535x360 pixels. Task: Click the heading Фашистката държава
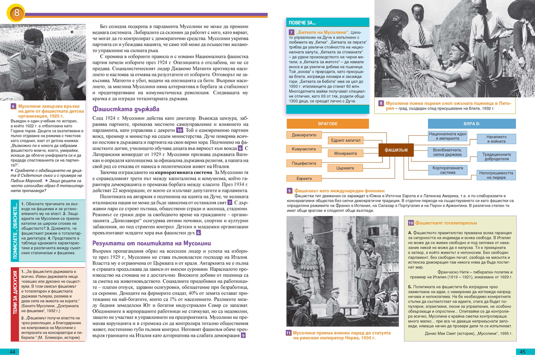pyautogui.click(x=125, y=109)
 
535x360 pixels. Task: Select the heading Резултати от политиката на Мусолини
pyautogui.click(x=152, y=243)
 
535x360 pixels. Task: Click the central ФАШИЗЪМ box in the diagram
pyautogui.click(x=396, y=150)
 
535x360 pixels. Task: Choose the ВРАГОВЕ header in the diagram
pyautogui.click(x=328, y=124)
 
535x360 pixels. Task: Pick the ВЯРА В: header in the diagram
pyautogui.click(x=472, y=124)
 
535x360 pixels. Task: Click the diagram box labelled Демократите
pyautogui.click(x=304, y=135)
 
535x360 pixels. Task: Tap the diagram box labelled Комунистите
pyautogui.click(x=304, y=149)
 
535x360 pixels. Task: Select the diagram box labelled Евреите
pyautogui.click(x=304, y=178)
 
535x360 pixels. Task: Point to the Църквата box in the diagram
pyautogui.click(x=346, y=168)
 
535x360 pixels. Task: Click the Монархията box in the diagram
pyautogui.click(x=346, y=153)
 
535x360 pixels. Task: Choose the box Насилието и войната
pyautogui.click(x=497, y=139)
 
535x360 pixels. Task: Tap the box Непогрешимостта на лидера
pyautogui.click(x=497, y=175)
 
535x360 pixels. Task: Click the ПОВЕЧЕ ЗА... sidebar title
pyautogui.click(x=303, y=22)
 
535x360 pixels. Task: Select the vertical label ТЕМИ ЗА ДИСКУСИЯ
pyautogui.click(x=15, y=303)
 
